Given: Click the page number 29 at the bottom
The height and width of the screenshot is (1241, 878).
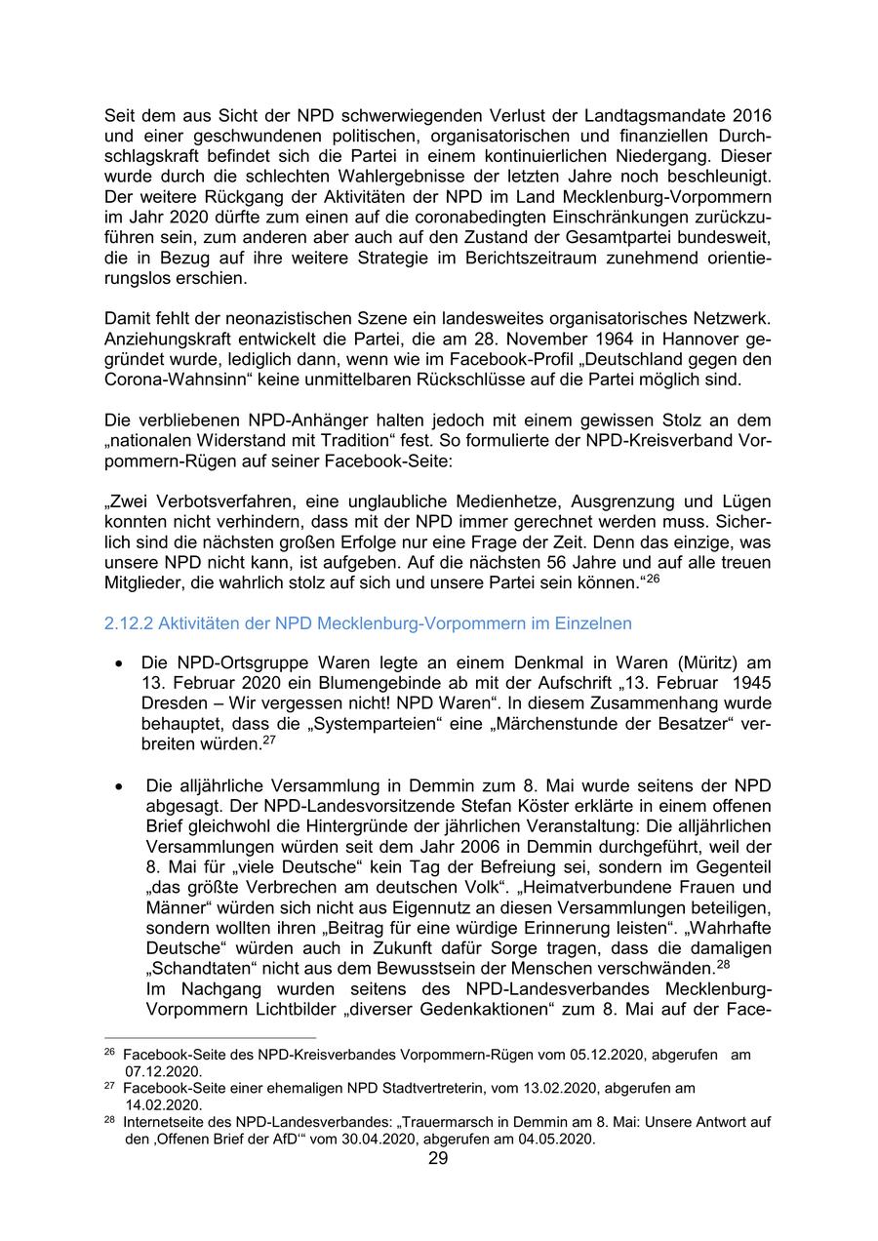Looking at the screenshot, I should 438,1159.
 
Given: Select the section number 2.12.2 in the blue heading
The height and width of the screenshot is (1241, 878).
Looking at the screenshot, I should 128,623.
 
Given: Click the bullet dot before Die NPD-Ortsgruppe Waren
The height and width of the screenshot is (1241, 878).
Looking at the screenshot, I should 118,663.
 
